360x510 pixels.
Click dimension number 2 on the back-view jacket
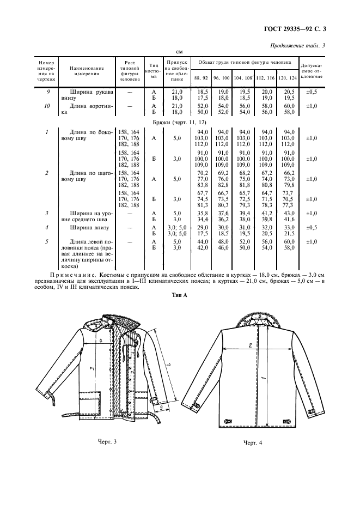tap(248, 345)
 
